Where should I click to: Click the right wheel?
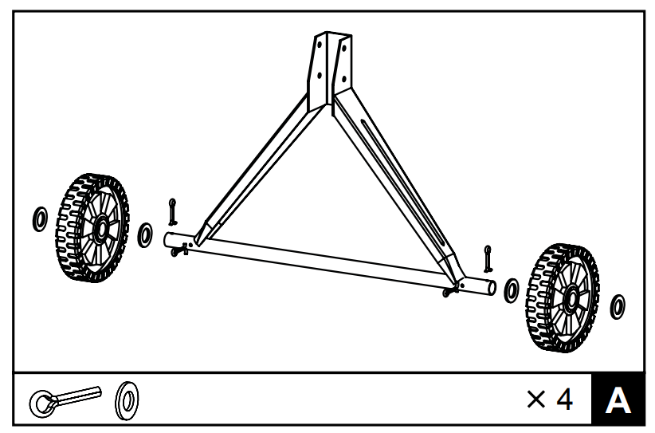(x=563, y=296)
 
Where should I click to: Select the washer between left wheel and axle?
(x=145, y=234)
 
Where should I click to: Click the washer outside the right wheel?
(x=617, y=305)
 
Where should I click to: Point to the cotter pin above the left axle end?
(x=173, y=212)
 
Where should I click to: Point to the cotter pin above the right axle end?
(x=488, y=258)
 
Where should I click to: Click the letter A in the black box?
(x=618, y=400)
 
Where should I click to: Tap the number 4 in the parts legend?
(x=563, y=400)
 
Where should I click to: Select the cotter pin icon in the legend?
(x=64, y=399)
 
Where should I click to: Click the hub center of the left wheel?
(x=101, y=230)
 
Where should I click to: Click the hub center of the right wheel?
(x=571, y=299)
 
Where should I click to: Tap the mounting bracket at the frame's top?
(x=331, y=68)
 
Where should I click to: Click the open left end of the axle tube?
(x=168, y=238)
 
